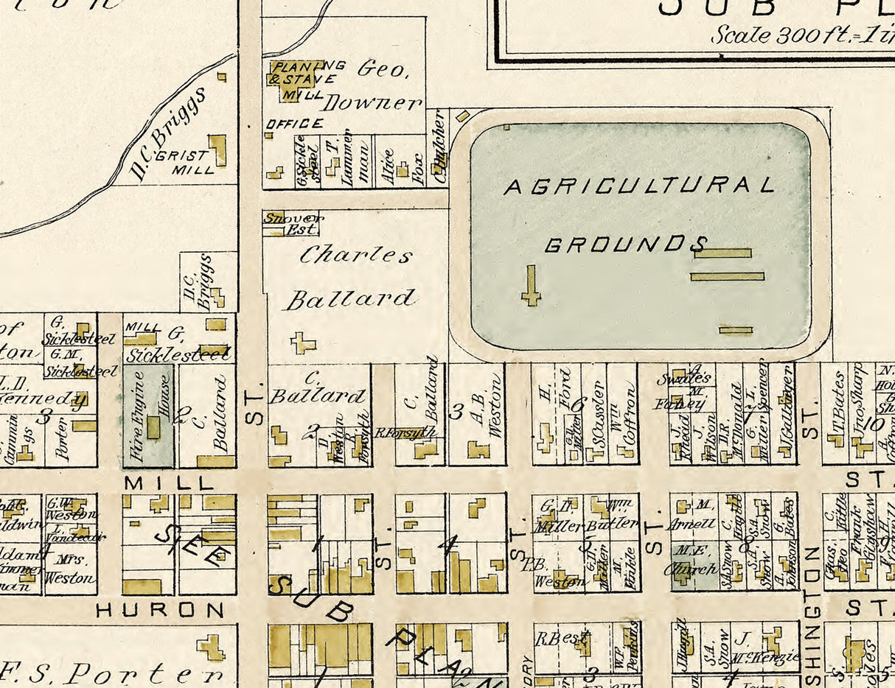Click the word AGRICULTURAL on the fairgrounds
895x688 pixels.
click(x=638, y=186)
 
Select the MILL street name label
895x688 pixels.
click(x=169, y=483)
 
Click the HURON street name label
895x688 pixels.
click(x=160, y=610)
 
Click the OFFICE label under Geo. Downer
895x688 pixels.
click(x=294, y=124)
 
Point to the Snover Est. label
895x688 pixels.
click(x=293, y=222)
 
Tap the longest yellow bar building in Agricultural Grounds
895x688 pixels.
click(x=727, y=276)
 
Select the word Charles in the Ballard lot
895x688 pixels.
click(x=356, y=256)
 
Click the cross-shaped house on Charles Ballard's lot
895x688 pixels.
click(x=303, y=343)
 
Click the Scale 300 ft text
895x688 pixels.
click(x=800, y=35)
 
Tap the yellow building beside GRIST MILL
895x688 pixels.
click(x=217, y=150)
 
